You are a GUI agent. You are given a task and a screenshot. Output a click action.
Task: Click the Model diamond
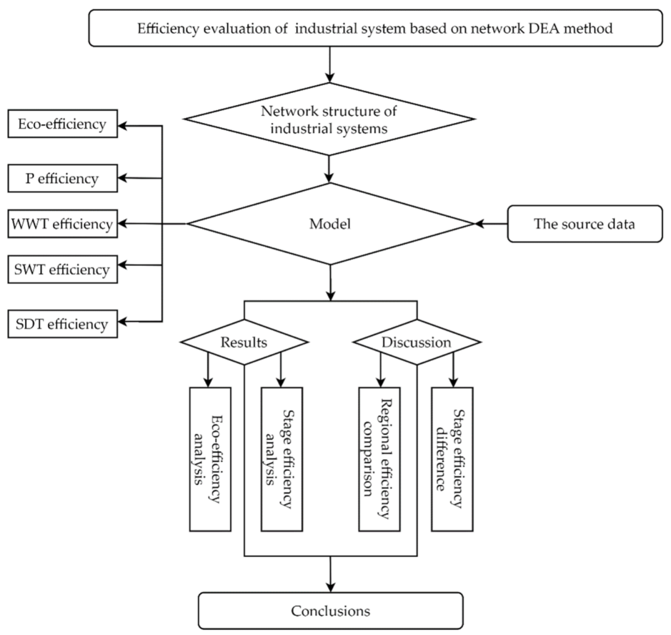330,224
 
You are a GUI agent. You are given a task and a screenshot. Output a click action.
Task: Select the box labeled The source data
583,225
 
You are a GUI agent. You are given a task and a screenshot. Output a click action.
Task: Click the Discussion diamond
417,343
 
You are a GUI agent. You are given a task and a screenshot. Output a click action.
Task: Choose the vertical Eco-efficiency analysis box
209,458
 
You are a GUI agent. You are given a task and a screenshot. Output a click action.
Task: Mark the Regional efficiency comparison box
379,458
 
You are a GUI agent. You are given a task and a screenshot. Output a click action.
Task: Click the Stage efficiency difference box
452,458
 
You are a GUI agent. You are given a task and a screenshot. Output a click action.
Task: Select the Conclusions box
330,611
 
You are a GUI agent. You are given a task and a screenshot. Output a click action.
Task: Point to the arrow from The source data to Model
490,225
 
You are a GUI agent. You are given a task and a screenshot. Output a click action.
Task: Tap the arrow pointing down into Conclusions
330,575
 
